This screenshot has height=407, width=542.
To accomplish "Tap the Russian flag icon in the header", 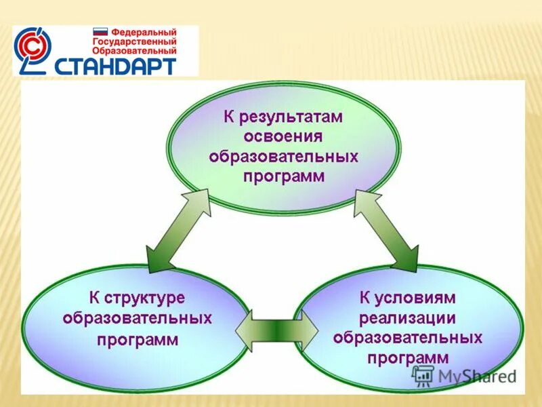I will [100, 32].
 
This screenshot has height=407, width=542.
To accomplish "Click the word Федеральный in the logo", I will [143, 32].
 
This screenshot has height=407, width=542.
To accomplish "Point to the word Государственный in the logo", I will [134, 41].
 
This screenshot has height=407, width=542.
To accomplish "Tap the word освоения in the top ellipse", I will [283, 137].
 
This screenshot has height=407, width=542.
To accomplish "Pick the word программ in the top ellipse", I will [283, 176].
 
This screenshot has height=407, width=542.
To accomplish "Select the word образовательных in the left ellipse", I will [137, 318].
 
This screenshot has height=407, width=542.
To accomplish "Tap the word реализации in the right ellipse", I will [407, 317].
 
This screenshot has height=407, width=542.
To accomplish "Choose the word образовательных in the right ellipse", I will [407, 337].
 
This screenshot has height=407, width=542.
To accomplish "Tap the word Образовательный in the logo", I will [134, 50].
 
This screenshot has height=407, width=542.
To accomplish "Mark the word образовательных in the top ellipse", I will [283, 157].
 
